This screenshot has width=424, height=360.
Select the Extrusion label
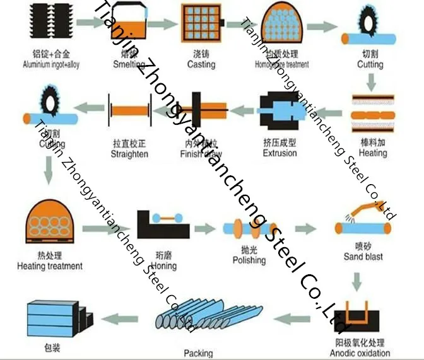click(x=280, y=153)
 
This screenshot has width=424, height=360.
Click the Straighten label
click(x=129, y=154)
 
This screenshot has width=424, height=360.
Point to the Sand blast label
click(x=363, y=257)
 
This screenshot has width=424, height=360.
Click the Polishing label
click(x=249, y=260)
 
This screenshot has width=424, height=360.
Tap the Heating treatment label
click(x=50, y=266)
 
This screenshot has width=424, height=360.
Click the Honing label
click(x=165, y=266)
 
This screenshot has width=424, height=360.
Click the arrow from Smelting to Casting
click(x=162, y=23)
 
